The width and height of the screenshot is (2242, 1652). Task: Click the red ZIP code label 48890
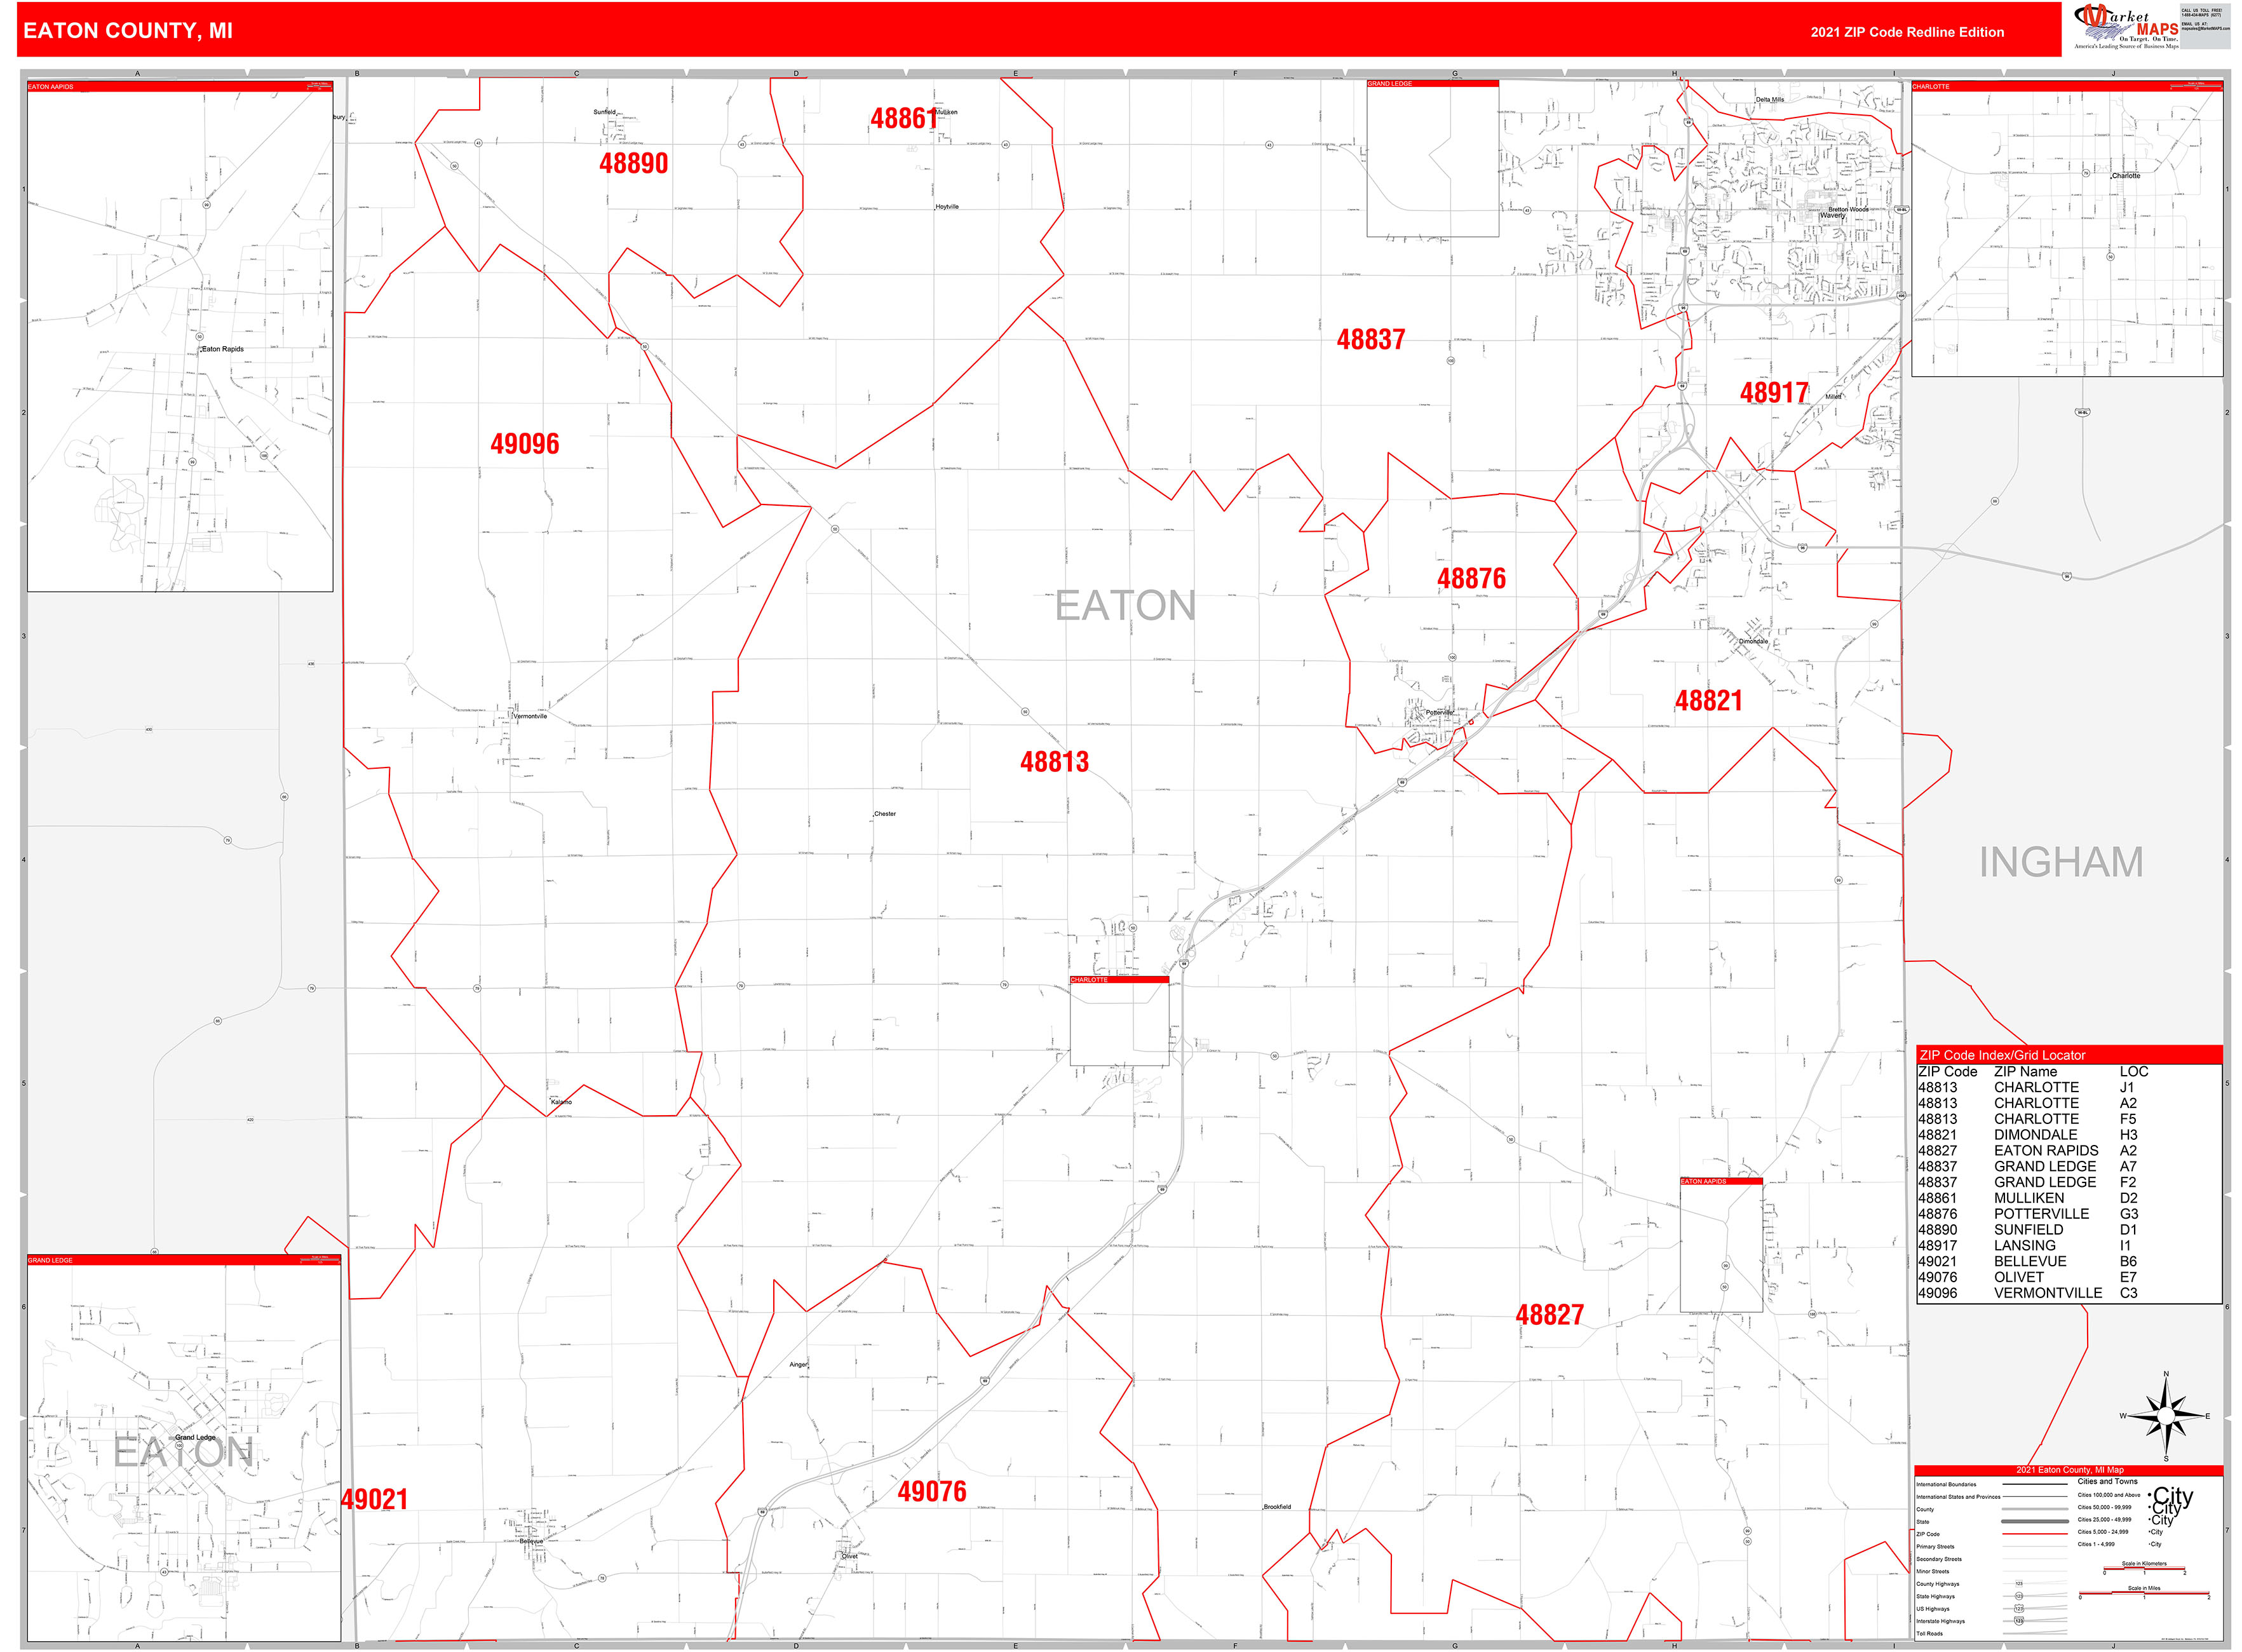click(x=633, y=163)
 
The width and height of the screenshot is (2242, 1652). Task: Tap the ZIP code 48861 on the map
click(x=903, y=119)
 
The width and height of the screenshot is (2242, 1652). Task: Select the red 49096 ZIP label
click(x=524, y=444)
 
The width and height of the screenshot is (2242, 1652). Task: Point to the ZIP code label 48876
click(x=1470, y=578)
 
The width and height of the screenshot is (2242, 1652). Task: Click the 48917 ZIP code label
click(x=1773, y=393)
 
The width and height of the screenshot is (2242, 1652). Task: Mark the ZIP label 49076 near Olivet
click(x=931, y=1491)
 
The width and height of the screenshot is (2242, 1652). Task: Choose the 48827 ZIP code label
click(x=1549, y=1315)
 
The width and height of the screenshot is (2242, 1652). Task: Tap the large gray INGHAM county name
click(x=2060, y=862)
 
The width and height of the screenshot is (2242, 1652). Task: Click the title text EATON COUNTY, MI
click(x=128, y=31)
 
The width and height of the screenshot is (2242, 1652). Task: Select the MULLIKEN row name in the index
click(x=2028, y=1198)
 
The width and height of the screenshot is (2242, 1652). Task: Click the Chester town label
click(x=885, y=814)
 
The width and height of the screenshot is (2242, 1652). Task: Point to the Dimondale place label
click(x=1752, y=641)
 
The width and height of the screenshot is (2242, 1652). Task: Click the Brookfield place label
click(x=1277, y=1506)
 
